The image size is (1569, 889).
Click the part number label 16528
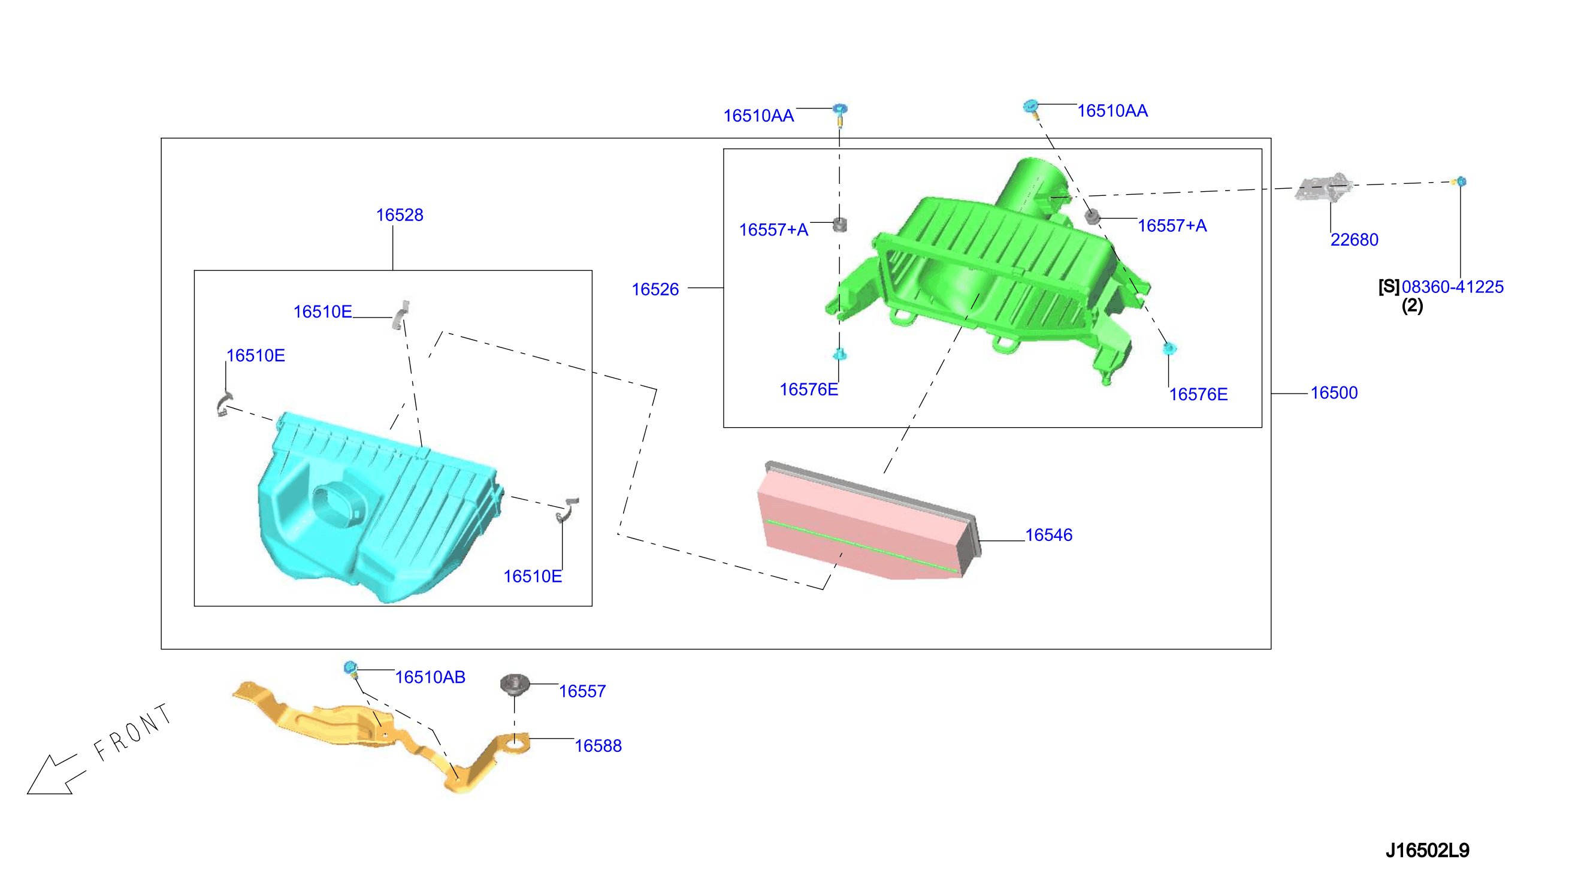tap(399, 215)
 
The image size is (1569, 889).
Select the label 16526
tap(655, 289)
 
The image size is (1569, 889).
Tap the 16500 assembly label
tap(1334, 392)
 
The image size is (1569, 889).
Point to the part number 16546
tap(1048, 535)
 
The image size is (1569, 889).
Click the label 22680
tap(1354, 240)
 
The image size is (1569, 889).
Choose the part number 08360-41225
tap(1452, 287)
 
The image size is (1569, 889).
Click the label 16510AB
tap(430, 677)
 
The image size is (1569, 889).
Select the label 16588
tap(598, 745)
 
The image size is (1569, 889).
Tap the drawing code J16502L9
tap(1427, 850)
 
